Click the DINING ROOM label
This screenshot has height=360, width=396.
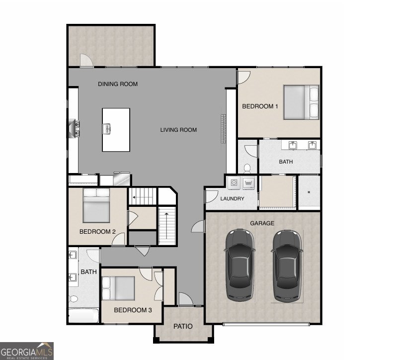[118, 84]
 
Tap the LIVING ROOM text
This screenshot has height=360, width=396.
[178, 130]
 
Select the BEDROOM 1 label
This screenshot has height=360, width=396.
[260, 106]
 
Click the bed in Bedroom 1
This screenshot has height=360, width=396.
[301, 102]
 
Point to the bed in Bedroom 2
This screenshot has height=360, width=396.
[96, 205]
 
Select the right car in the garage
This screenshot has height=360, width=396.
[287, 265]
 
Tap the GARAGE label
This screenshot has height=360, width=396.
[262, 223]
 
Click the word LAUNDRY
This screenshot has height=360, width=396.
[233, 199]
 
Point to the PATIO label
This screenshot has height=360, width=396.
[183, 327]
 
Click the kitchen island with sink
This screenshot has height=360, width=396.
[116, 130]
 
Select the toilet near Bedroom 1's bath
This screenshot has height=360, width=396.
[247, 167]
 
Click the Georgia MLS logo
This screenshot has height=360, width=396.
[27, 350]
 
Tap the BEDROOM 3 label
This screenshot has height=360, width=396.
[133, 310]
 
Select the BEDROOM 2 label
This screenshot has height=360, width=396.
[98, 232]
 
